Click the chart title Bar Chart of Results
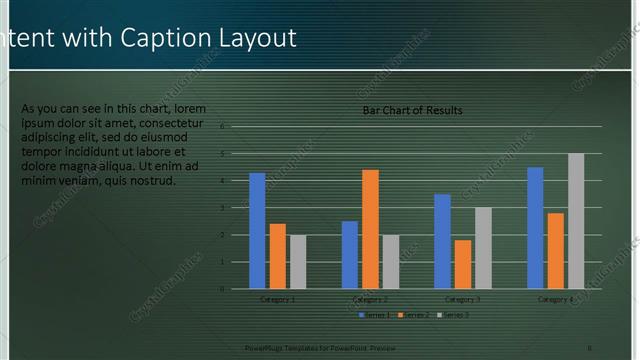pyautogui.click(x=412, y=110)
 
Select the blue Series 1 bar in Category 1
pyautogui.click(x=257, y=230)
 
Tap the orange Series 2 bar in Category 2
pyautogui.click(x=370, y=228)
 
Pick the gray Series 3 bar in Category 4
pyautogui.click(x=575, y=220)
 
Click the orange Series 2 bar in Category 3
pyautogui.click(x=463, y=263)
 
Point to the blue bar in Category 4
pyautogui.click(x=535, y=227)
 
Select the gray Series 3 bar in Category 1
pyautogui.click(x=298, y=261)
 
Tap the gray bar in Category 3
pyautogui.click(x=483, y=247)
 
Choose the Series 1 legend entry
pyautogui.click(x=376, y=315)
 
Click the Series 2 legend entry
pyautogui.click(x=414, y=315)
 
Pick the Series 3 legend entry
pyautogui.click(x=452, y=315)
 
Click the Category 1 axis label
pyautogui.click(x=277, y=299)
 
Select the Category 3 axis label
pyautogui.click(x=463, y=299)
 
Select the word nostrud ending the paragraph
pyautogui.click(x=151, y=181)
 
